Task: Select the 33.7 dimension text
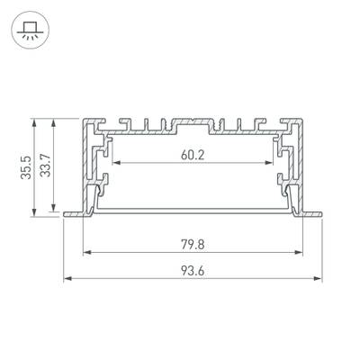pos(48,167)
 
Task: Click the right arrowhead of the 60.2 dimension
pos(270,165)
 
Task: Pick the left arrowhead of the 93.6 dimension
pos(67,279)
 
